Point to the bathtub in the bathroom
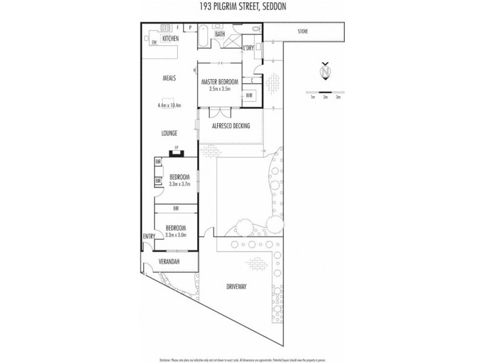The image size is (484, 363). [203, 36]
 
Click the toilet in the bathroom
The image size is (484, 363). [256, 28]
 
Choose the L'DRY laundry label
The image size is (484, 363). [248, 47]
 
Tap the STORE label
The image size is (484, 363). [303, 31]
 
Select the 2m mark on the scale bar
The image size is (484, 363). [325, 97]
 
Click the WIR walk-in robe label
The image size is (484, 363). [249, 95]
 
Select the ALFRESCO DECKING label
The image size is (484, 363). [231, 126]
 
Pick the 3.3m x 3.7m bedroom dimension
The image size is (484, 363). [176, 183]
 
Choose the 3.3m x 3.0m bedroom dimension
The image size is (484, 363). [176, 234]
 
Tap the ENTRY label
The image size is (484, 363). [148, 236]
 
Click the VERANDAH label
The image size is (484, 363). [169, 262]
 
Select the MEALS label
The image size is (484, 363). [169, 78]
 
